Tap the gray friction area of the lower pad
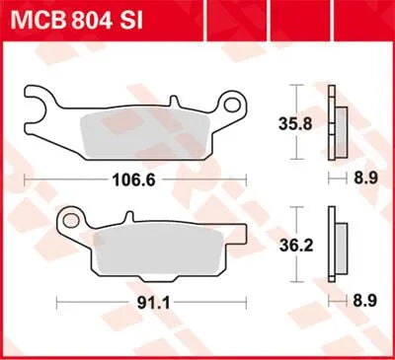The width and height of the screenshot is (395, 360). tap(158, 256)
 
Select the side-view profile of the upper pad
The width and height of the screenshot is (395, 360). tap(341, 126)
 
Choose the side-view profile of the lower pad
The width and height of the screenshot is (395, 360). tap(341, 252)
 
